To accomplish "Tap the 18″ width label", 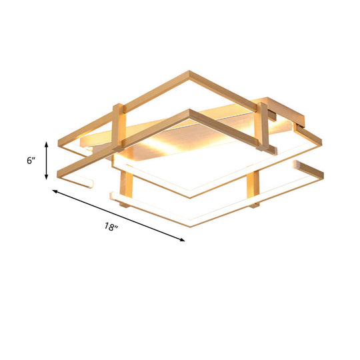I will pyautogui.click(x=111, y=228).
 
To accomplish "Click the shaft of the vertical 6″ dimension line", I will pyautogui.click(x=46, y=161).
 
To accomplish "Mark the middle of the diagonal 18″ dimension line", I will pyautogui.click(x=119, y=215).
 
